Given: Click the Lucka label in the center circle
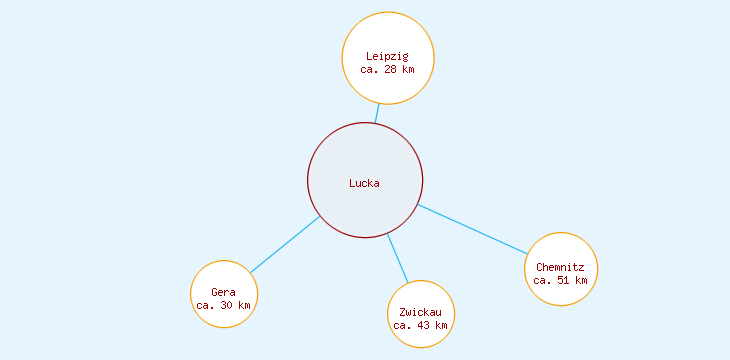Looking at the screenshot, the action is tap(364, 183).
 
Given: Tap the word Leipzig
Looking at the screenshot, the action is tap(387, 56).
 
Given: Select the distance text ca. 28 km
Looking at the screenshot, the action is tap(387, 69).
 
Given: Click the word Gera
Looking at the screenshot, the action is tap(223, 292).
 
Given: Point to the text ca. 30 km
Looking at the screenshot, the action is tap(223, 305).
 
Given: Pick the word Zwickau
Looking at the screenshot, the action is tap(420, 313).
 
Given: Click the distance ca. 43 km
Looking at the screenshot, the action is tap(420, 325).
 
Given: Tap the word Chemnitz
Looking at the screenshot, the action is tap(560, 267).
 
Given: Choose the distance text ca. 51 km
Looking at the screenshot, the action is tap(560, 280).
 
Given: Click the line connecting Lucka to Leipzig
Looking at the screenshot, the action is tap(377, 113).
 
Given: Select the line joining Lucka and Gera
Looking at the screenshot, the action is tap(285, 244).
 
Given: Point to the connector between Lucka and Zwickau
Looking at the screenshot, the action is tap(398, 258).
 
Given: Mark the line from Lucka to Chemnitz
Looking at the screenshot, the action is tap(472, 229).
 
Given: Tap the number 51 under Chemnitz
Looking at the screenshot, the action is tap(563, 280).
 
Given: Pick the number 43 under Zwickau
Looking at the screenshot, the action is tap(423, 325).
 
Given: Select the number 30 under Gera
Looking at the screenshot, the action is tap(226, 305).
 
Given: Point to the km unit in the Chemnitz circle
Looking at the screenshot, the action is tap(581, 280).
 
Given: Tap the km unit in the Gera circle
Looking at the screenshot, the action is tap(244, 305).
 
